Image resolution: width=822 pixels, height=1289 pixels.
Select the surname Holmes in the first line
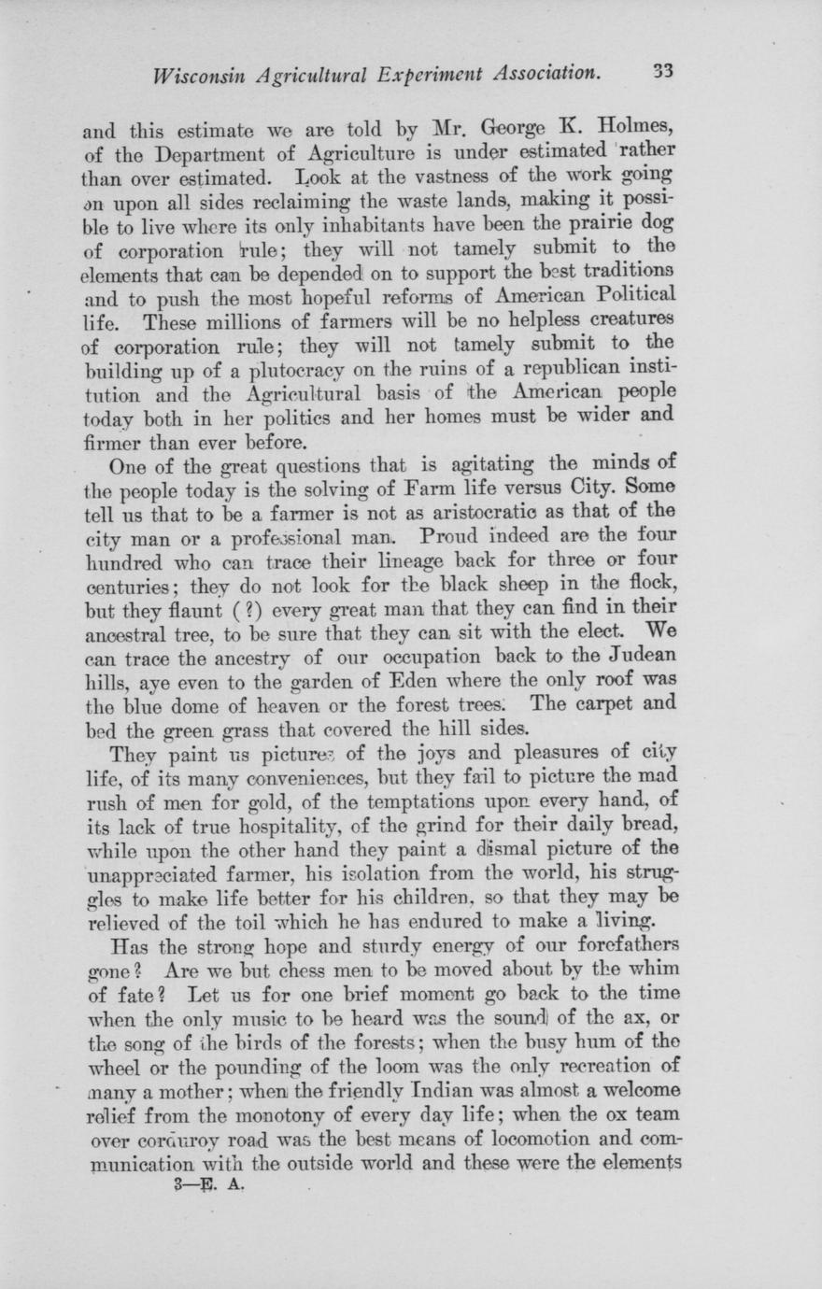627,123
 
